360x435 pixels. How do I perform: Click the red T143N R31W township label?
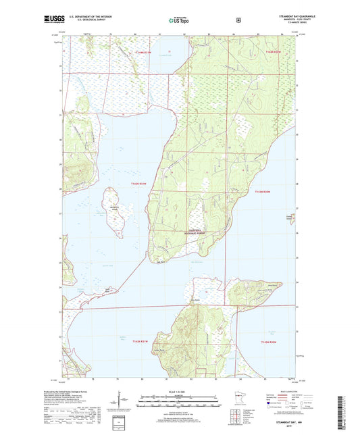(x=137, y=184)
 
